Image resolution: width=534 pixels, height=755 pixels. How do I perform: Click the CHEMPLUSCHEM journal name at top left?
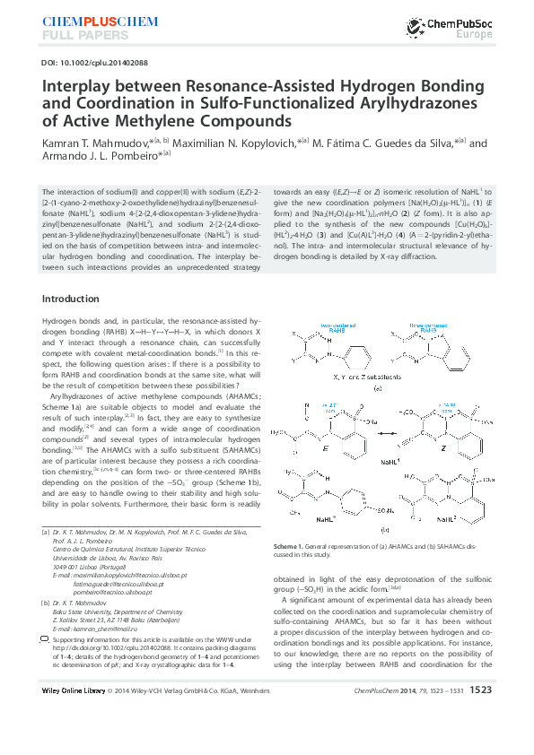(86, 20)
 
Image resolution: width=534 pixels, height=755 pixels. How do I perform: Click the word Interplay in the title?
(74, 88)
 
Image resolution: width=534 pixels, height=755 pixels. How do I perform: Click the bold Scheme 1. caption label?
(291, 545)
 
